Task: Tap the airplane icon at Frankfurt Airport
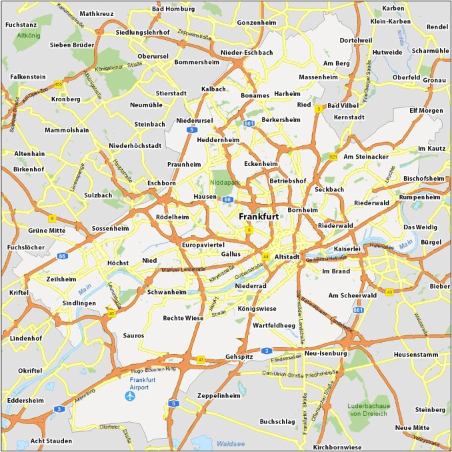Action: (x=131, y=396)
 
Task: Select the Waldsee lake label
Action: (x=231, y=442)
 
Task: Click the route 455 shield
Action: (x=58, y=84)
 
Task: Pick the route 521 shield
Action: (x=333, y=157)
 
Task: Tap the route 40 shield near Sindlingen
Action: (x=111, y=313)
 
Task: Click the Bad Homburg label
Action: (x=173, y=9)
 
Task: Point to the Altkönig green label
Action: (x=29, y=35)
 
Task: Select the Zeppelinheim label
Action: (x=218, y=395)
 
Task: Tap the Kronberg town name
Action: (x=65, y=99)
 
